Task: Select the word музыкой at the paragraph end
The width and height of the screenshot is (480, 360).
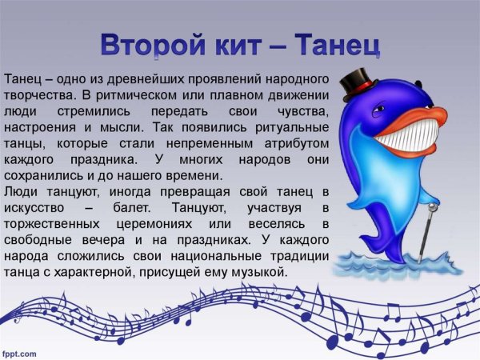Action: (x=259, y=273)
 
